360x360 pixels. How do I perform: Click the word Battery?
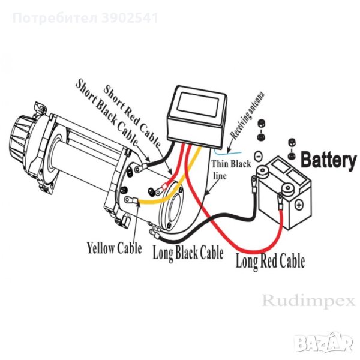327,160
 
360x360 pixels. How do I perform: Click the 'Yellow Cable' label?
115,247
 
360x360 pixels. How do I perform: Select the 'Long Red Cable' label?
270,260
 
